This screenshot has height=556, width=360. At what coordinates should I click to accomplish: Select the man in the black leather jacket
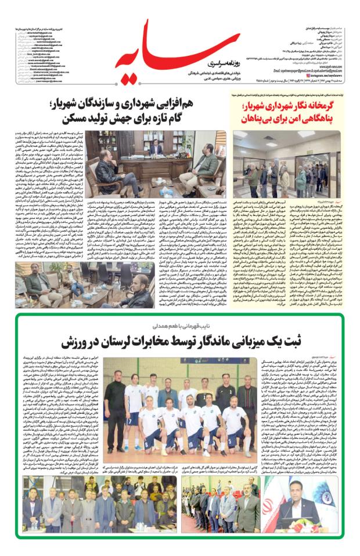110,171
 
